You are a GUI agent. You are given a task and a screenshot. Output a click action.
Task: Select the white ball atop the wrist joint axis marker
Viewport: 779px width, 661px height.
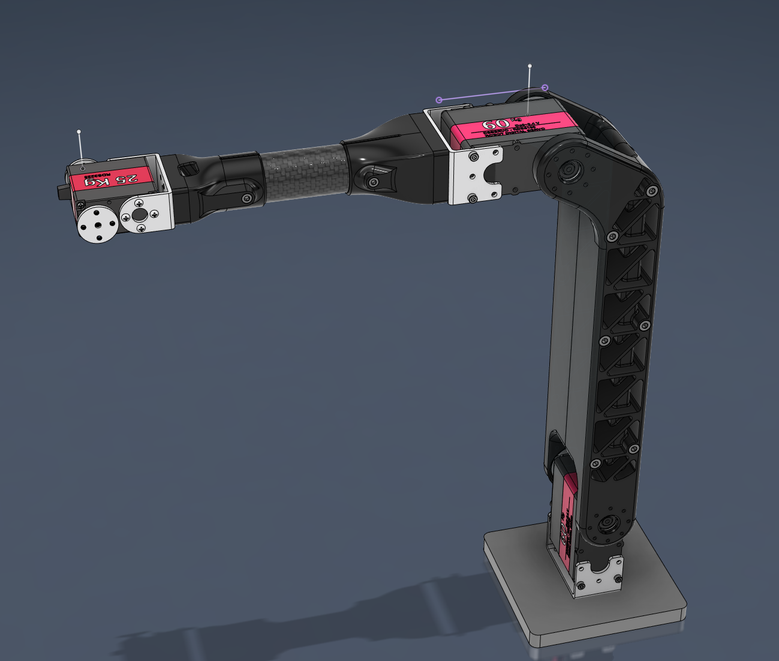[x=79, y=131]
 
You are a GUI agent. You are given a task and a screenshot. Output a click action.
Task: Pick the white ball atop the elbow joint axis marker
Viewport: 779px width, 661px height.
[x=530, y=65]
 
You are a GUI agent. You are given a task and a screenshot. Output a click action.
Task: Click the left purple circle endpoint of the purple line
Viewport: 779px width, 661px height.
[x=439, y=100]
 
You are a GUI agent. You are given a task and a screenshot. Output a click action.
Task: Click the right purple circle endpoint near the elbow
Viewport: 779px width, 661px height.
[x=545, y=88]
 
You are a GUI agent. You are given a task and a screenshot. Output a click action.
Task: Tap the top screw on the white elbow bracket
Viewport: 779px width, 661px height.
[x=473, y=157]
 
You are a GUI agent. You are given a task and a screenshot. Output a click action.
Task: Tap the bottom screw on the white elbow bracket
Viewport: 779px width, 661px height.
[x=473, y=197]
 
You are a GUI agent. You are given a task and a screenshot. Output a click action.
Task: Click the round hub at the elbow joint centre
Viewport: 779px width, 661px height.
[x=566, y=172]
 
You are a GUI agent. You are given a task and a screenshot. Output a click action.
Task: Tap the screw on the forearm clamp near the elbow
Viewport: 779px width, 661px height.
[x=374, y=181]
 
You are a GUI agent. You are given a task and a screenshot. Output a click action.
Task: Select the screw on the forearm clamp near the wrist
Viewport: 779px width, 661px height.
[x=246, y=198]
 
